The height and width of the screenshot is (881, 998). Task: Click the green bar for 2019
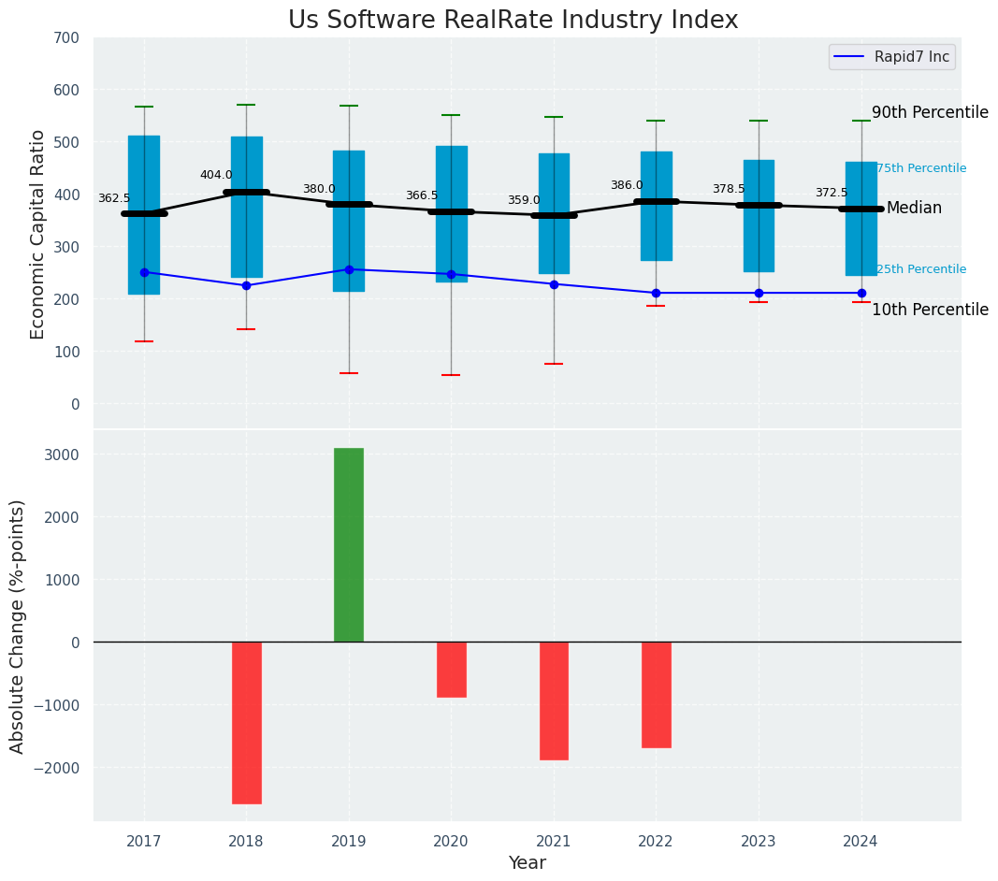pyautogui.click(x=349, y=544)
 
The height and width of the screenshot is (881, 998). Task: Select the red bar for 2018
pyautogui.click(x=246, y=722)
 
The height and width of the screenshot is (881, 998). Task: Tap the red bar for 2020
pyautogui.click(x=451, y=670)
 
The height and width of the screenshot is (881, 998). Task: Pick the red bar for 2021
pyautogui.click(x=554, y=700)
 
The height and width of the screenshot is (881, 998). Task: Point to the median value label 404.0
pyautogui.click(x=216, y=175)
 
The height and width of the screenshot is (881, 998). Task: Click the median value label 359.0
pyautogui.click(x=524, y=200)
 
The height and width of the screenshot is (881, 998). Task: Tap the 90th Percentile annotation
pyautogui.click(x=930, y=112)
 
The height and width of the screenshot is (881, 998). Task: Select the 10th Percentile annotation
pyautogui.click(x=930, y=310)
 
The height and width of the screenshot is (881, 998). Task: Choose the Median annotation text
pyautogui.click(x=914, y=208)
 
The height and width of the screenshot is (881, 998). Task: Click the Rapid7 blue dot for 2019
pyautogui.click(x=349, y=269)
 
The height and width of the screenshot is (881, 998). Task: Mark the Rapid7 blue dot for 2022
pyautogui.click(x=656, y=293)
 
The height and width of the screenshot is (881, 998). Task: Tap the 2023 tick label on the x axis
pyautogui.click(x=759, y=840)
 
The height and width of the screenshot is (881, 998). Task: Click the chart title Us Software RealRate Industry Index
pyautogui.click(x=513, y=21)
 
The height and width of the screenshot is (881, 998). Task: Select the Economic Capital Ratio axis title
pyautogui.click(x=38, y=234)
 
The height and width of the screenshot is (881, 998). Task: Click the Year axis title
pyautogui.click(x=528, y=863)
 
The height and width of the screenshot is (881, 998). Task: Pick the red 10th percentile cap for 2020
pyautogui.click(x=451, y=375)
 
